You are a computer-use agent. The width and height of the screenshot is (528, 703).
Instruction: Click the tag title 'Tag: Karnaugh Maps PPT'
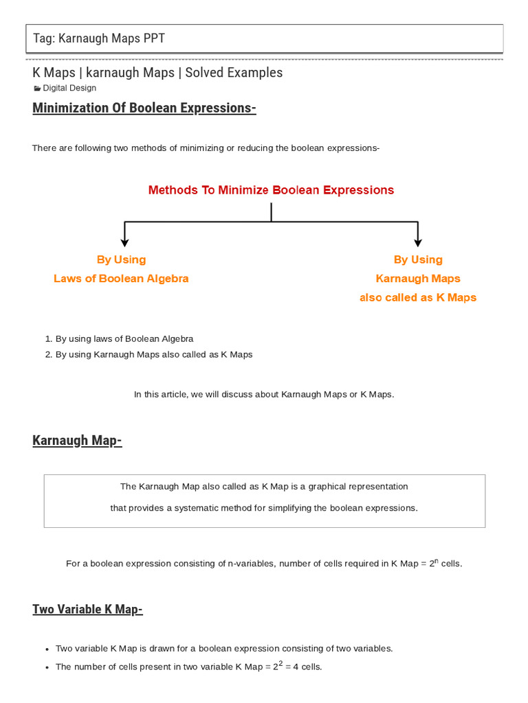(x=99, y=38)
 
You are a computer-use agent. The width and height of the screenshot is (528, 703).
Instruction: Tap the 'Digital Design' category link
(x=69, y=88)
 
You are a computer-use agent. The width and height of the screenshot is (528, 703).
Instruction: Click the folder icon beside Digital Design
(x=37, y=89)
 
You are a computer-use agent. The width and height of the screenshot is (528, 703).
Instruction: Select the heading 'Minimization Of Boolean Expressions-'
(x=144, y=108)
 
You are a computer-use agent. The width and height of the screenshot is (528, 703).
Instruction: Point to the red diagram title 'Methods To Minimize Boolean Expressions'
(x=271, y=190)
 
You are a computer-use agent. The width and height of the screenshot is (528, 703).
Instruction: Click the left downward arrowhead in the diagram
(x=124, y=241)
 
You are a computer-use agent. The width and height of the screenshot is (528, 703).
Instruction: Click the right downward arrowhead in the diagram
(x=417, y=241)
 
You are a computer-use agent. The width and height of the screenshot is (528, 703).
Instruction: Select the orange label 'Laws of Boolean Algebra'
(x=121, y=279)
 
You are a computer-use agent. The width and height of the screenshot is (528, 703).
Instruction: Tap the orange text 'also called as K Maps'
(x=417, y=298)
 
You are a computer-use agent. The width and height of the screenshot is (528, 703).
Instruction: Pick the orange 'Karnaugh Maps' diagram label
(x=417, y=279)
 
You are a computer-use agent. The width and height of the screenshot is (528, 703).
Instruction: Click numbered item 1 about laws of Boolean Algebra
(x=124, y=338)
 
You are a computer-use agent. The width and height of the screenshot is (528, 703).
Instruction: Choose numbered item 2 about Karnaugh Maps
(x=153, y=354)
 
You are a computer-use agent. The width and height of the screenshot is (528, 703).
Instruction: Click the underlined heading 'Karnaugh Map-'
(x=77, y=440)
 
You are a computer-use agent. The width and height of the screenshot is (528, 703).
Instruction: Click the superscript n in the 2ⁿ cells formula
(x=434, y=560)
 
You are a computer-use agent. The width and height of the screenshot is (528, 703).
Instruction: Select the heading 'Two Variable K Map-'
(x=87, y=609)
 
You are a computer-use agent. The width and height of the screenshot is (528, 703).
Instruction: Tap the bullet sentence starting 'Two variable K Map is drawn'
(x=223, y=648)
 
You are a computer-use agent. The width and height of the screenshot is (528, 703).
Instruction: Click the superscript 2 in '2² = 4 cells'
(x=280, y=662)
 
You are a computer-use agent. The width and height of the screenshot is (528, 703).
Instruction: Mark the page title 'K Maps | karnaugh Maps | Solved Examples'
(x=157, y=72)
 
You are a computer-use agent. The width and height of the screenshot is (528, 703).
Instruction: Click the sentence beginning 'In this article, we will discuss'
(x=264, y=394)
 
